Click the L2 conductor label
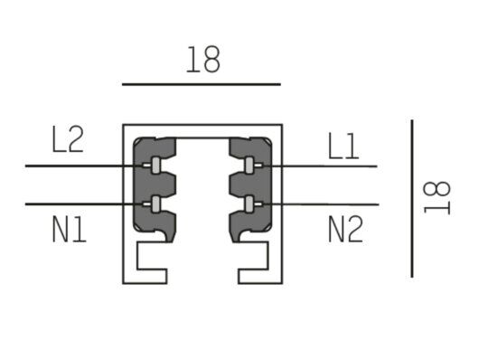68,139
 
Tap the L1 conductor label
343,146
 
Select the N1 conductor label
70,229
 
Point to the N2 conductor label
345,229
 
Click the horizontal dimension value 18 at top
203,60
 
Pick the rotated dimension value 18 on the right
437,198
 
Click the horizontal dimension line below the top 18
202,84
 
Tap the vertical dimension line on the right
412,199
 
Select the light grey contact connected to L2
155,166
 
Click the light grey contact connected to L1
249,166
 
